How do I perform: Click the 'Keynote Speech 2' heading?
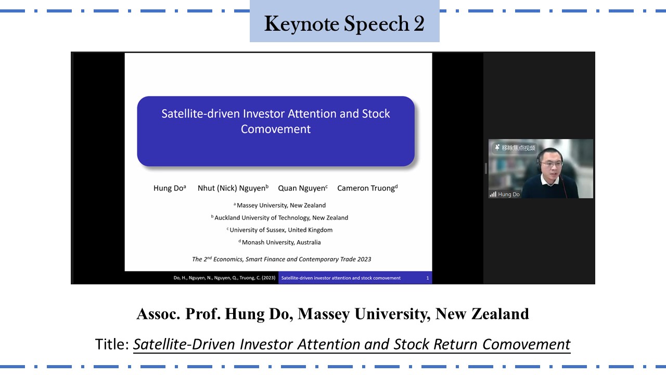344,23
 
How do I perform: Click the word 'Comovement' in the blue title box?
276,129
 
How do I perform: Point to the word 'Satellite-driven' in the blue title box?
200,114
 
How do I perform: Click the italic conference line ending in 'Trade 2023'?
281,259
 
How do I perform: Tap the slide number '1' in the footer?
428,278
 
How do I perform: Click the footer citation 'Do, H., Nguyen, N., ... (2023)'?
224,278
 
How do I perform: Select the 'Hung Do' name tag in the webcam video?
505,194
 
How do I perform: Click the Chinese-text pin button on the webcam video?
515,148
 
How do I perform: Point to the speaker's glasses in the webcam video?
551,164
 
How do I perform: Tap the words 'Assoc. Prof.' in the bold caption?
178,314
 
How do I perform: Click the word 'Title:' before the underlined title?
112,344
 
